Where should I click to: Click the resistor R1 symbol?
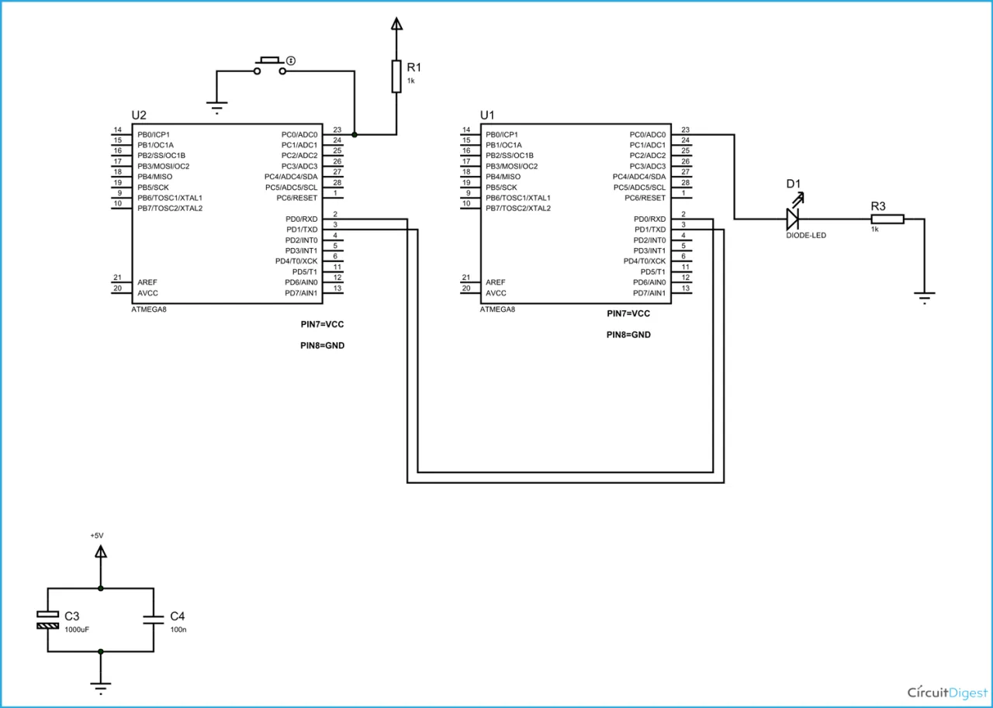click(396, 77)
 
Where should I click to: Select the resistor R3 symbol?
click(887, 219)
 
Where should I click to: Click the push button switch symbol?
click(270, 66)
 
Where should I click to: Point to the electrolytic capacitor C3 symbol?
click(47, 620)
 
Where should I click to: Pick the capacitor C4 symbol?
click(154, 620)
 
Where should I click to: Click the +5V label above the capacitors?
click(97, 535)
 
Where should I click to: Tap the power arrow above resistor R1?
click(396, 23)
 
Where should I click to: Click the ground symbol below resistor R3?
click(924, 298)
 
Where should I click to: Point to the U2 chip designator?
click(139, 116)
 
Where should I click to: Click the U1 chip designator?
click(487, 116)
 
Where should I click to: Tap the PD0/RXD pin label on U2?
click(302, 219)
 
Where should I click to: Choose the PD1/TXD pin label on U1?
click(650, 230)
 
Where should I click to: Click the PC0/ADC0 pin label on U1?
click(648, 135)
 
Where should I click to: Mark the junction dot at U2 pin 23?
click(355, 134)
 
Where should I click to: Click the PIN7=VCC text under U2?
click(322, 324)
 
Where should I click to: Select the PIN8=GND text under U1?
click(628, 335)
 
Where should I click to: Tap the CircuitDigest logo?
click(947, 692)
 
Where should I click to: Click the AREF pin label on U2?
click(147, 282)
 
